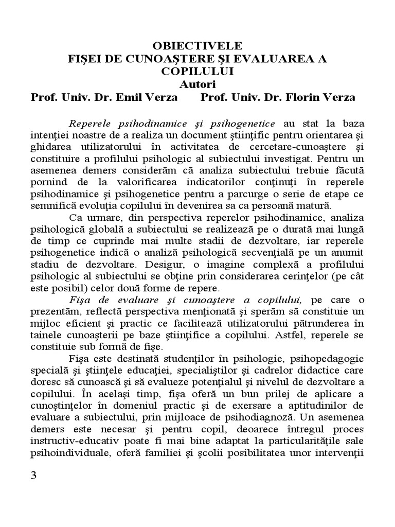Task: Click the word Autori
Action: coord(197,83)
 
